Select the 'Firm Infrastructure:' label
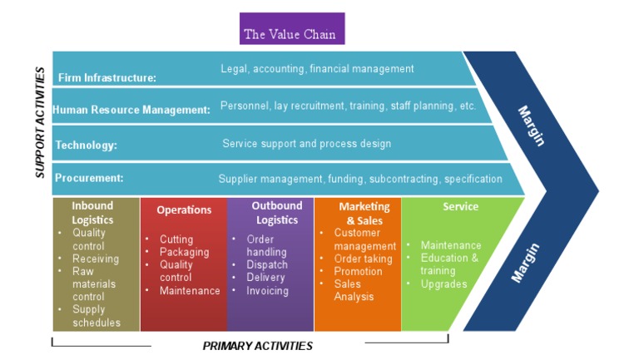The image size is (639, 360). point(106,78)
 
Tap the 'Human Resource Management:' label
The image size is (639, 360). point(131,110)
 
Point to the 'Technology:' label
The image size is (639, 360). point(86,145)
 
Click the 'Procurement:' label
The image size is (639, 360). point(89,178)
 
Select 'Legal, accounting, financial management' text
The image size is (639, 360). point(317,69)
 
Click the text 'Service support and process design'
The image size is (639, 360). point(306,144)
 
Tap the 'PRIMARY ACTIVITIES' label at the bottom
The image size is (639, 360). point(258,346)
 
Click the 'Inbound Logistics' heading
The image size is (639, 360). point(92,213)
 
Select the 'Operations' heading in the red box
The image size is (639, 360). point(184,210)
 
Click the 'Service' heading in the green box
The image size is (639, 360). point(460,207)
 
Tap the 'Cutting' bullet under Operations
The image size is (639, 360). point(176,239)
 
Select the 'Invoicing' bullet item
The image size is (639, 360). point(267,291)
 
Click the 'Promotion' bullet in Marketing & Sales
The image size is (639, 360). point(358,271)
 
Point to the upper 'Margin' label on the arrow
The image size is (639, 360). point(530,125)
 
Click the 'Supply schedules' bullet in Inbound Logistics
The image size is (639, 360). point(96,316)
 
